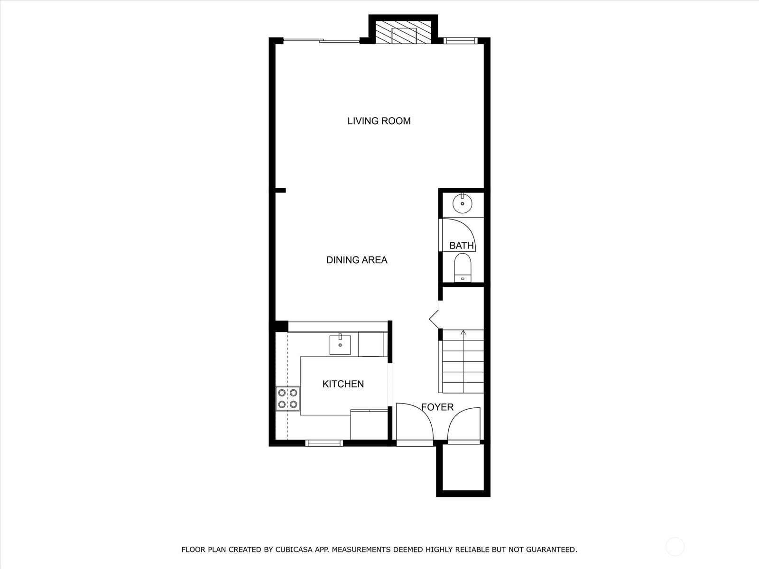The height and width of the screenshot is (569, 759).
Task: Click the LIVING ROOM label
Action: click(379, 121)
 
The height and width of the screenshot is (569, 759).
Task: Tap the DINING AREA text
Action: click(357, 260)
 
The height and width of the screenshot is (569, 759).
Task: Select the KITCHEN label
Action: click(343, 384)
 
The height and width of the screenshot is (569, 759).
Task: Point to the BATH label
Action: click(461, 245)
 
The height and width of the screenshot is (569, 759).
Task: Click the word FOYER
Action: click(437, 407)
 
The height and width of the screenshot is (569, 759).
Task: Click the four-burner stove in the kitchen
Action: click(287, 398)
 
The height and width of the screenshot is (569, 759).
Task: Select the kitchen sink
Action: click(340, 344)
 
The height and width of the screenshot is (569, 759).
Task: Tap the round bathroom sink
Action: click(463, 204)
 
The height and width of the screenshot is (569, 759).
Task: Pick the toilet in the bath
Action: click(463, 268)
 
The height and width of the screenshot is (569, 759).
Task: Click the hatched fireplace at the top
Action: click(404, 34)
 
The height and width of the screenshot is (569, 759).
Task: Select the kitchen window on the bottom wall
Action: click(324, 443)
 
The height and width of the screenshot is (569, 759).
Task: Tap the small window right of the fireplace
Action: click(461, 41)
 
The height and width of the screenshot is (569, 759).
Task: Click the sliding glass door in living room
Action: click(322, 41)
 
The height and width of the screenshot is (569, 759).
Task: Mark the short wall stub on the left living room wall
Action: click(280, 190)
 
